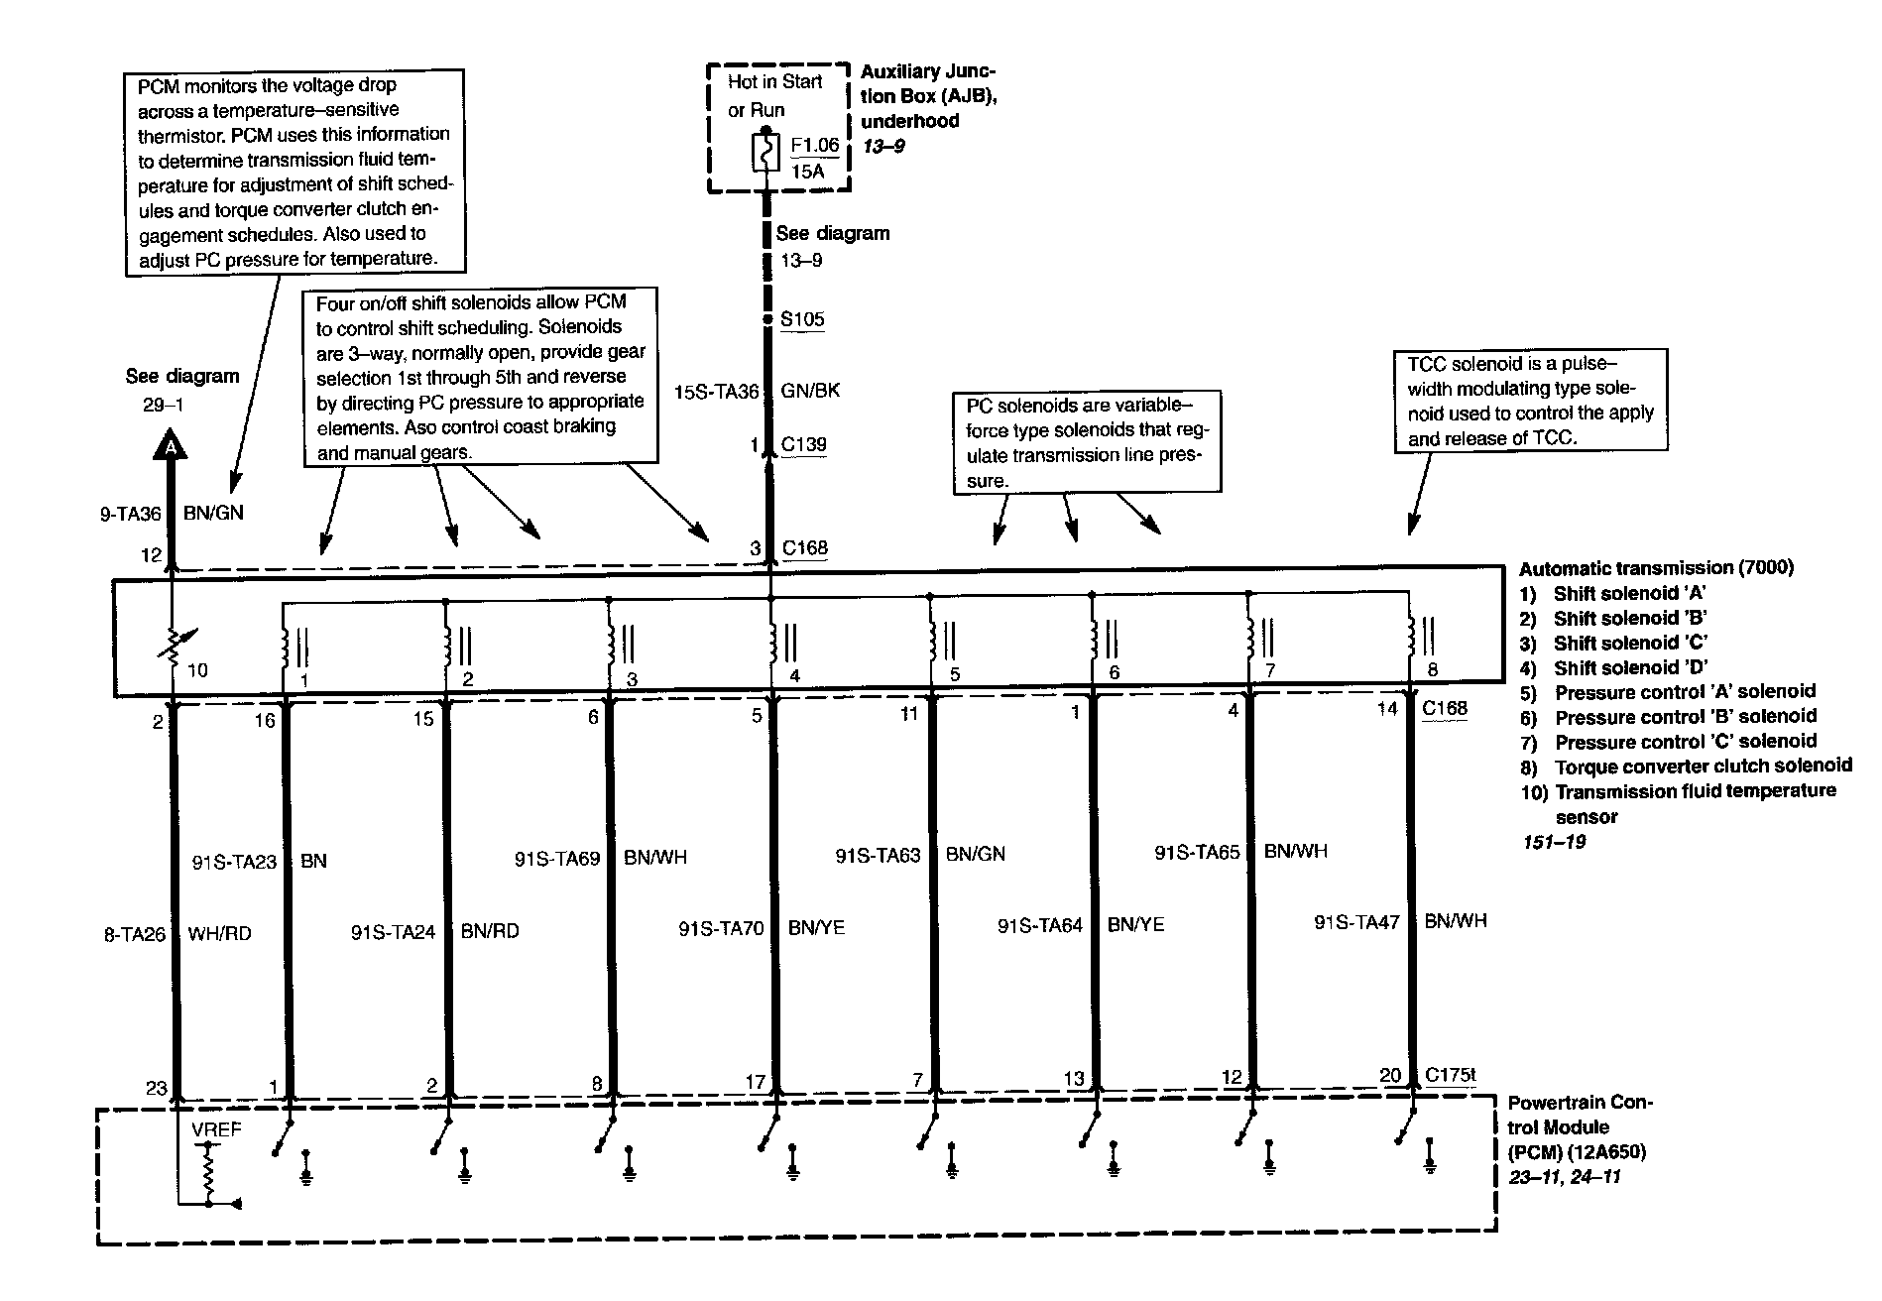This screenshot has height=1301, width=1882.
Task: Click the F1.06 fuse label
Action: click(x=814, y=145)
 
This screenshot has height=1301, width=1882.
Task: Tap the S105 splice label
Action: click(x=802, y=319)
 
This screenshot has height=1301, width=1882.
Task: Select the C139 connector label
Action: click(x=803, y=444)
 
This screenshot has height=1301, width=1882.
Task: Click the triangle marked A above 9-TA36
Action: click(x=172, y=447)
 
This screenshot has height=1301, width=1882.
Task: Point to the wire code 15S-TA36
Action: click(x=716, y=391)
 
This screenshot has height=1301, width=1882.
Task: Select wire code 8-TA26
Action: click(x=134, y=933)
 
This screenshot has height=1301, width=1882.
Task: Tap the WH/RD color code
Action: click(x=219, y=933)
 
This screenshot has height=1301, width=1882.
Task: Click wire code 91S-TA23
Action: click(x=234, y=861)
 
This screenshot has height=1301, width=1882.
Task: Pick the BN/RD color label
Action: click(x=490, y=931)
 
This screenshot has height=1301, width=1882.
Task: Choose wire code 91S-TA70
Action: click(x=721, y=928)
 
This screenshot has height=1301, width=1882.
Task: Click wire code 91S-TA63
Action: click(x=878, y=854)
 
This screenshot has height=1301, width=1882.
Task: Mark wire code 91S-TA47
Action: click(x=1356, y=922)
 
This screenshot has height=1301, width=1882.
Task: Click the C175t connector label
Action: click(x=1451, y=1074)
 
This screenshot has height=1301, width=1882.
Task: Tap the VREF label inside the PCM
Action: click(x=215, y=1129)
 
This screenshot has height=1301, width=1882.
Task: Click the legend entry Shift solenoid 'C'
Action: click(x=1630, y=643)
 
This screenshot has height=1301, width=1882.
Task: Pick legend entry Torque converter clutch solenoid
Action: click(x=1703, y=766)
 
